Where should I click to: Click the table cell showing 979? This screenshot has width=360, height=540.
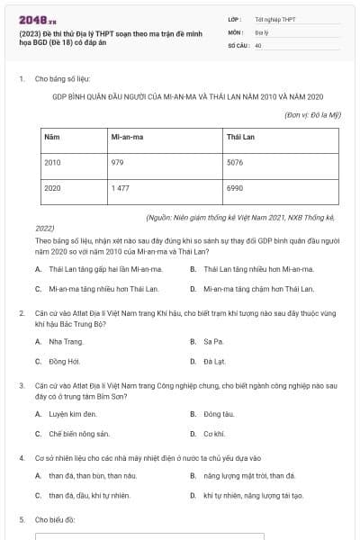tap(117, 163)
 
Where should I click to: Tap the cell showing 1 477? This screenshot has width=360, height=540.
tap(121, 189)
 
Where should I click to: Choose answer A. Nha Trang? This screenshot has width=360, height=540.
tap(66, 342)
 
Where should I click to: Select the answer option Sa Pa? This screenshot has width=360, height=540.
tap(212, 342)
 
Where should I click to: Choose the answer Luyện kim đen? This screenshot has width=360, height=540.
tap(70, 414)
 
